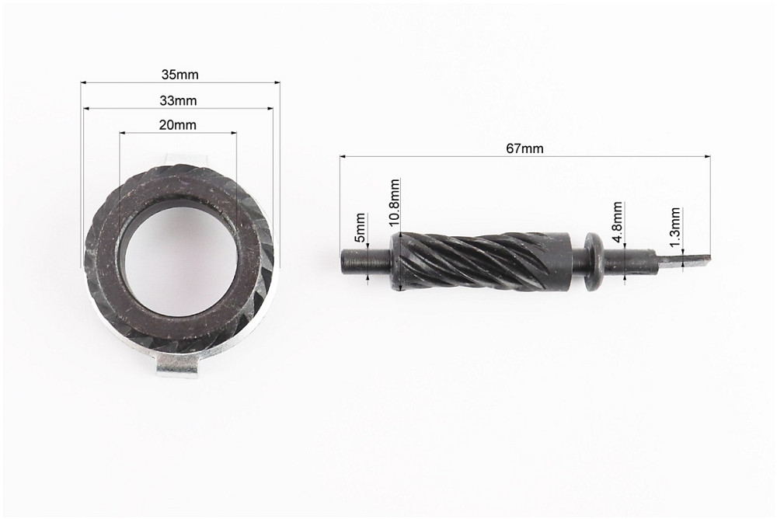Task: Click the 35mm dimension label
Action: (179, 75)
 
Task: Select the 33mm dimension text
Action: (178, 101)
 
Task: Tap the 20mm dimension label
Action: (177, 124)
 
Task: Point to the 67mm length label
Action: (524, 148)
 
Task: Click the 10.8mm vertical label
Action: (394, 203)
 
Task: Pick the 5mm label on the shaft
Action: (361, 228)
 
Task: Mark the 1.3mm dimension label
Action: (674, 228)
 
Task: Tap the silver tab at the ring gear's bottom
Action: (177, 367)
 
